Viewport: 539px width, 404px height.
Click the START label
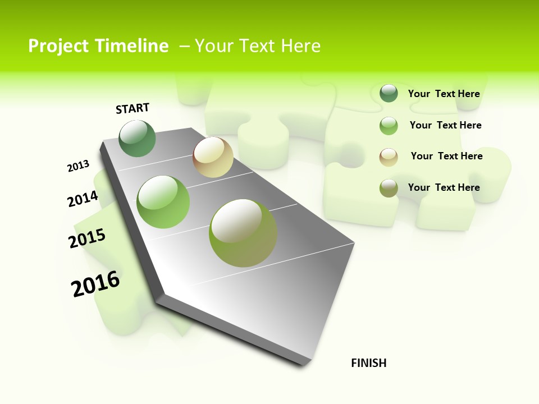click(x=133, y=108)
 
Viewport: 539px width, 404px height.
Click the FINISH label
click(x=369, y=363)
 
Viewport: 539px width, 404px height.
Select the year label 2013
click(x=78, y=166)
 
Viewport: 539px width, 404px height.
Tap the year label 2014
click(x=83, y=199)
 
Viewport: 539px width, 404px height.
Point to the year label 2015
click(x=87, y=238)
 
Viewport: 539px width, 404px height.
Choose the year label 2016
click(x=95, y=284)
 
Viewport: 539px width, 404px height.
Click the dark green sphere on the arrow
click(x=138, y=138)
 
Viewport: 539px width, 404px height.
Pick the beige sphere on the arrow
click(x=213, y=157)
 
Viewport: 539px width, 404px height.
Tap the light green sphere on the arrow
click(x=163, y=202)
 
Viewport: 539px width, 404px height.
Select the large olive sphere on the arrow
click(x=243, y=233)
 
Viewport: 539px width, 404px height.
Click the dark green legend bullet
click(x=389, y=93)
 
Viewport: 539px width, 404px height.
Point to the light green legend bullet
click(x=389, y=126)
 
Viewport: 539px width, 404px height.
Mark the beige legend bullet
click(x=389, y=157)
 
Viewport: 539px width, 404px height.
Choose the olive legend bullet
click(x=389, y=188)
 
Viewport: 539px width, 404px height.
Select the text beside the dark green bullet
click(x=444, y=94)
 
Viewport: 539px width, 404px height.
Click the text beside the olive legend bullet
click(x=444, y=187)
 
